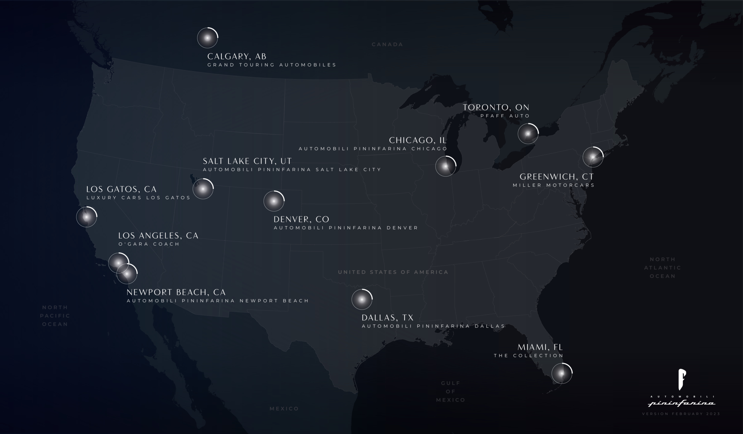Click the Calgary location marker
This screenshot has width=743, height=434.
pyautogui.click(x=207, y=38)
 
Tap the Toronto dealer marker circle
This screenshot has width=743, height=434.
pyautogui.click(x=528, y=133)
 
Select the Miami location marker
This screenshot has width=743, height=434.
pyautogui.click(x=561, y=373)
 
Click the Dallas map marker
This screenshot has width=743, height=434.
pyautogui.click(x=362, y=300)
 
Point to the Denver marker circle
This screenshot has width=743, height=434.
pyautogui.click(x=274, y=201)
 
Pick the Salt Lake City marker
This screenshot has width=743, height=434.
pyautogui.click(x=203, y=189)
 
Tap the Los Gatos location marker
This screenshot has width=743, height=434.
pyautogui.click(x=86, y=217)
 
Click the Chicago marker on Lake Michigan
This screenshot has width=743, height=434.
pyautogui.click(x=445, y=166)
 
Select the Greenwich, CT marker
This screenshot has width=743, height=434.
pyautogui.click(x=593, y=157)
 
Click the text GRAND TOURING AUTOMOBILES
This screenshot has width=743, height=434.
pyautogui.click(x=272, y=65)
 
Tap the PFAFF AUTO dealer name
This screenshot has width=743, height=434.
pyautogui.click(x=505, y=116)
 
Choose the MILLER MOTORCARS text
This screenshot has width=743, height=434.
pyautogui.click(x=553, y=185)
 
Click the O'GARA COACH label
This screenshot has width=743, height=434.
pyautogui.click(x=149, y=244)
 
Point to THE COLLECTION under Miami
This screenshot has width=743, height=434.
pyautogui.click(x=528, y=356)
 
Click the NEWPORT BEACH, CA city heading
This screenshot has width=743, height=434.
pyautogui.click(x=176, y=292)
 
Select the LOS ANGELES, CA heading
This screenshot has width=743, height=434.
pyautogui.click(x=158, y=236)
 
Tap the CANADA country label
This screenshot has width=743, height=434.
pyautogui.click(x=387, y=45)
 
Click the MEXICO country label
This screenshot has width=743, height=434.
pyautogui.click(x=284, y=409)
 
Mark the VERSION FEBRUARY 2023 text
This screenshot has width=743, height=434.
pyautogui.click(x=681, y=414)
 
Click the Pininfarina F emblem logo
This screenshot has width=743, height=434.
pyautogui.click(x=682, y=379)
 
